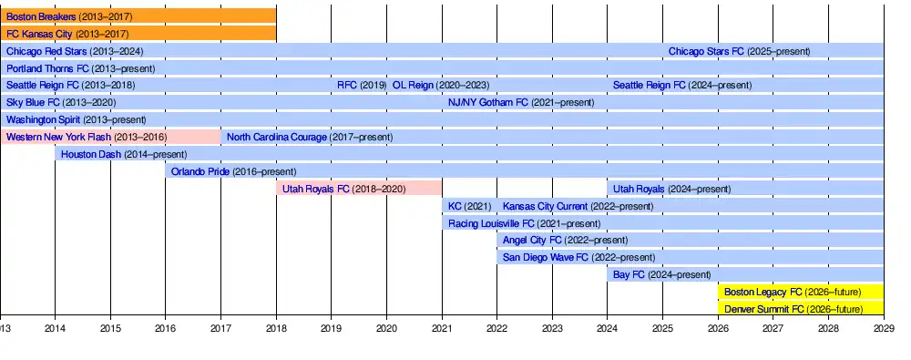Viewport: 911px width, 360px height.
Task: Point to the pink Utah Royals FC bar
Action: point(359,189)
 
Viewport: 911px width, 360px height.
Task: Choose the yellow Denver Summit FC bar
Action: point(801,309)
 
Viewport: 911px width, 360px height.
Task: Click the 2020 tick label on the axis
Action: point(386,329)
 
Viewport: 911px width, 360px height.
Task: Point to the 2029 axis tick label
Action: point(884,329)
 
